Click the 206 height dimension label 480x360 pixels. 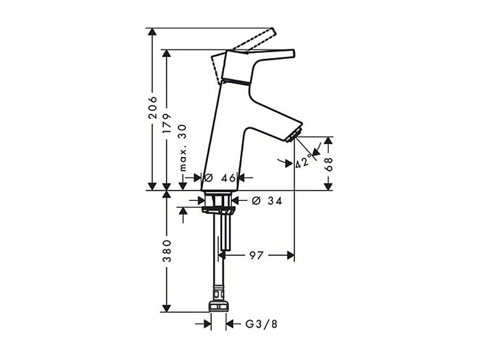[x=153, y=108]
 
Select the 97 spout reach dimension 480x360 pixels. [x=256, y=255]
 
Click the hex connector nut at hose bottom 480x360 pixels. [x=218, y=304]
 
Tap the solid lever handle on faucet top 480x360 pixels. [x=267, y=55]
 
